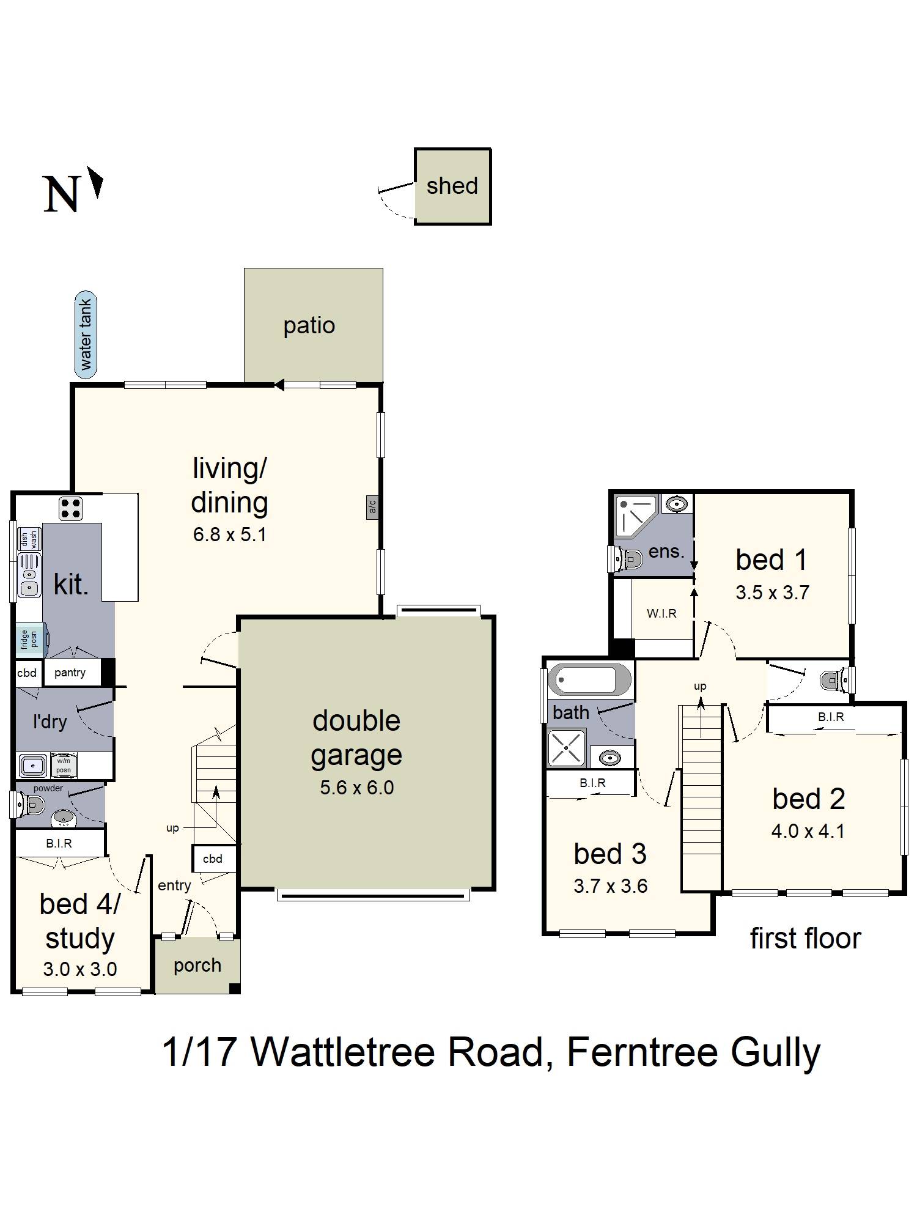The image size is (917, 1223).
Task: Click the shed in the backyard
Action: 452,187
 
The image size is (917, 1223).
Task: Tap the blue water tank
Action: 86,334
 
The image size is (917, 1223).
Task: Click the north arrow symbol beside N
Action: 96,182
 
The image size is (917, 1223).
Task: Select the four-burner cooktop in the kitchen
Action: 70,508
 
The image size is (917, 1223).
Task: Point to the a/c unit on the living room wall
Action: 372,507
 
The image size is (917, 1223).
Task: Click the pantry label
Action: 70,673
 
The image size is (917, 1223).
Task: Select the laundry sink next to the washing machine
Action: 32,765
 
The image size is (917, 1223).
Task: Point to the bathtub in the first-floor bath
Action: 589,680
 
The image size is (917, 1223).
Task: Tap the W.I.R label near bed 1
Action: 661,613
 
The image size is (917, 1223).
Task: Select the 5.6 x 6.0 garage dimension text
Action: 357,788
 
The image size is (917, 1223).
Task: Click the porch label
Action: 197,965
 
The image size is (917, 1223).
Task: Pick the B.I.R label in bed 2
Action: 831,717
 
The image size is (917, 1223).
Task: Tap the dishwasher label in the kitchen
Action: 29,539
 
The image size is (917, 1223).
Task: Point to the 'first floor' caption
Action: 805,939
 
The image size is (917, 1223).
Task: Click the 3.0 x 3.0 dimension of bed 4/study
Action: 80,969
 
